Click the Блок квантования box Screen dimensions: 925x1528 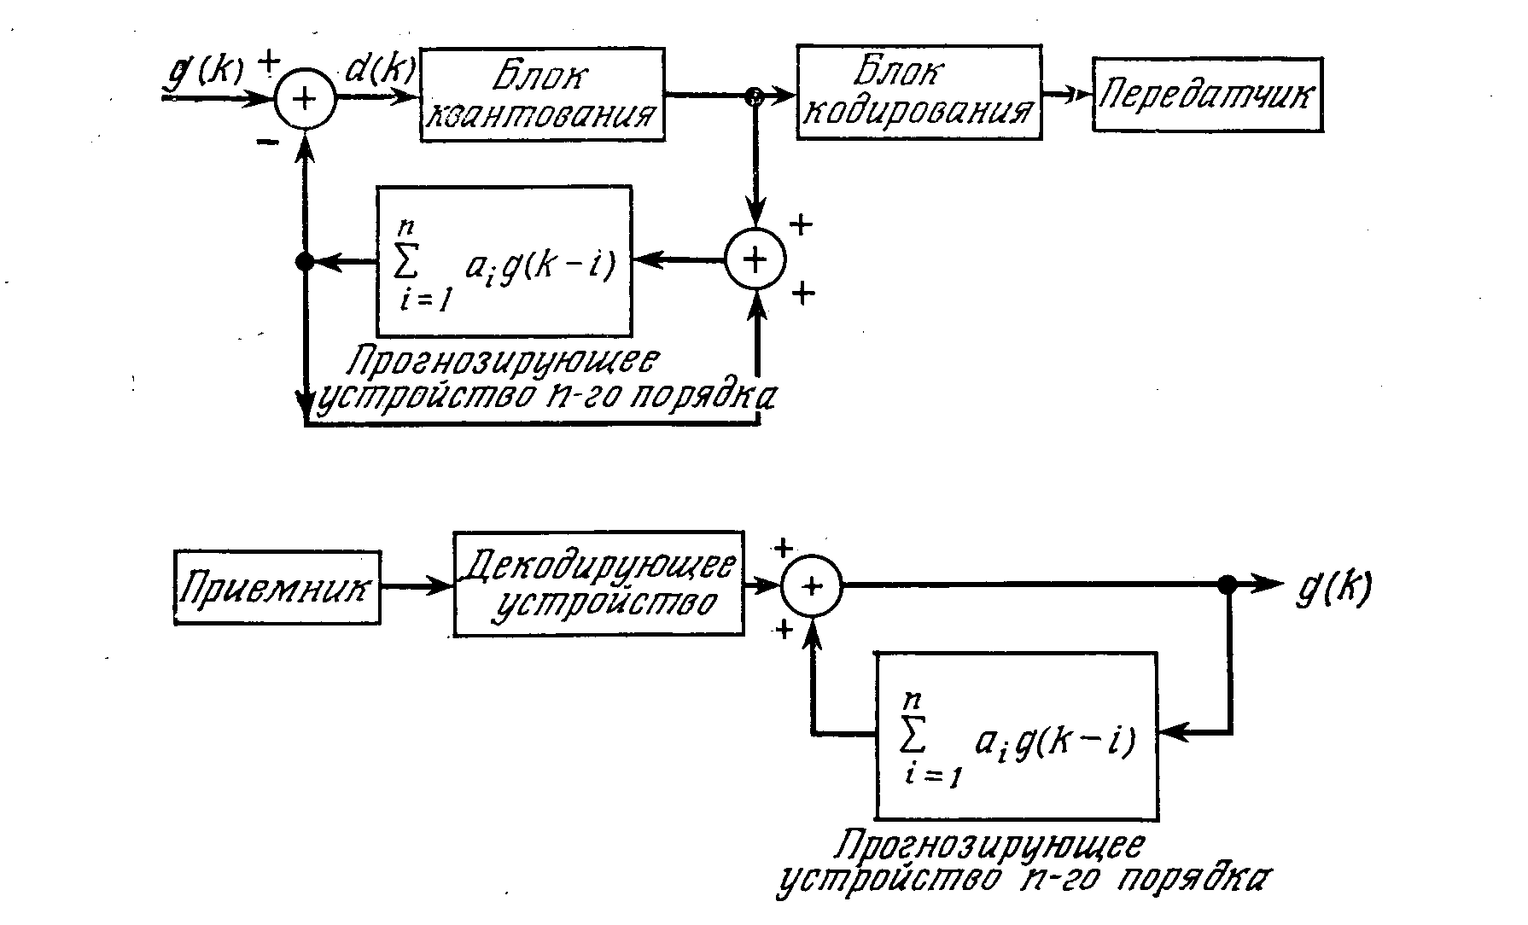542,94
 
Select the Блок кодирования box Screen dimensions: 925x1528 919,92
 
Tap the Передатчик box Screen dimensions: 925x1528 1207,94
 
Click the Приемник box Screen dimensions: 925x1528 277,587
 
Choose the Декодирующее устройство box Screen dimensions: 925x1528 598,584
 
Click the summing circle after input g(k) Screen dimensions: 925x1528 305,98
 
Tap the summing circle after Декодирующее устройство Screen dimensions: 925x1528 813,585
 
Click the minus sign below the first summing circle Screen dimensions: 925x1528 266,143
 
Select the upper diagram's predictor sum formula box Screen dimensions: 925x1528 504,260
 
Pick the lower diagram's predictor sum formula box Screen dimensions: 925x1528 1016,735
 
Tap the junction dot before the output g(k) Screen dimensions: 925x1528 1228,585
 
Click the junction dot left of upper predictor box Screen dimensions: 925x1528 305,262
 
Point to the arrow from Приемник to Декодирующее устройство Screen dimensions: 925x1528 417,586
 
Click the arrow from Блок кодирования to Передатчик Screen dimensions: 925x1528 1067,96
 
